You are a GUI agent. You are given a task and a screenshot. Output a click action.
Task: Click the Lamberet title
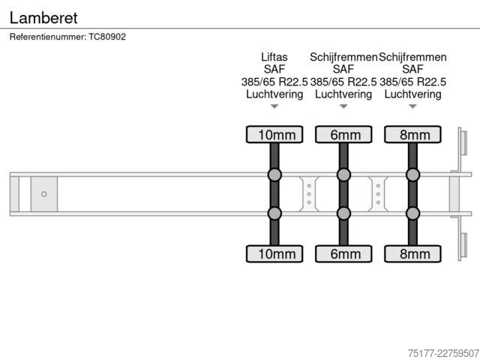coord(43,18)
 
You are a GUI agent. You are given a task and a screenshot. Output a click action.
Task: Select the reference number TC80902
coord(107,37)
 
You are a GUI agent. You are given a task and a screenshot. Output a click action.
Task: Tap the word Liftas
coord(274,57)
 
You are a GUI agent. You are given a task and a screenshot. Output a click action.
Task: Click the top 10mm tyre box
coord(274,134)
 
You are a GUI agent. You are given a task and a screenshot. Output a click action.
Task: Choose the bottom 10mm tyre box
coord(274,253)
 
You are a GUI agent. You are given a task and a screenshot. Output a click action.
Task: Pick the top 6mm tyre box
coord(343,134)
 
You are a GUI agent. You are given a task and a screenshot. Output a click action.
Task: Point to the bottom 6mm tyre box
coord(343,253)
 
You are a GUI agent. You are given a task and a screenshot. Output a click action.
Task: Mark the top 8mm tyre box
coord(413,134)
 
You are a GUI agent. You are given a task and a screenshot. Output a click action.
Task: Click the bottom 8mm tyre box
coord(413,253)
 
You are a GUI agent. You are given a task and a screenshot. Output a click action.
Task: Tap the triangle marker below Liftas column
coord(274,106)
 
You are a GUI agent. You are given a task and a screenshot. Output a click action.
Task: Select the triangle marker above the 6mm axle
coord(343,106)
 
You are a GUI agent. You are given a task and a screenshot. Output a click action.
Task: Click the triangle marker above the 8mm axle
coord(413,106)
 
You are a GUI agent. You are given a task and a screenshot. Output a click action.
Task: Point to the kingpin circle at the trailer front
coord(44,194)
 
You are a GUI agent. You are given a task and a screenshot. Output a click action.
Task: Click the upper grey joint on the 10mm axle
coord(274,175)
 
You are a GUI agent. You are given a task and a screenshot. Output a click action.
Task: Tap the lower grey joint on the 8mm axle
coord(413,213)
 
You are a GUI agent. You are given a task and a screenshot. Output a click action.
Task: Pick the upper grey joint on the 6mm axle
coord(343,175)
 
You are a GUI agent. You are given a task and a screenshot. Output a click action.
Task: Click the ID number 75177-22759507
coord(443,353)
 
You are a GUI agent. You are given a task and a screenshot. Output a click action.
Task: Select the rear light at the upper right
coord(464,142)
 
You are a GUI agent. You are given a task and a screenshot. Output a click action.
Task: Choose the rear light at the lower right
coord(464,245)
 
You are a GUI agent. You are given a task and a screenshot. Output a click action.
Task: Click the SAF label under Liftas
coord(274,70)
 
